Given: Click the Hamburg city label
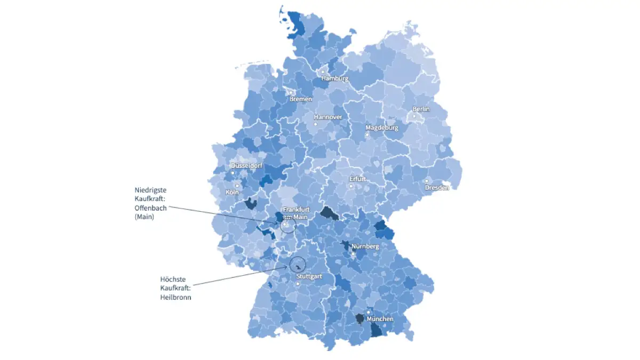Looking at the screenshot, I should coord(334,78).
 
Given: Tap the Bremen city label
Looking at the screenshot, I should coord(300,99).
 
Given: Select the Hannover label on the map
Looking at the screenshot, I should coord(327,117).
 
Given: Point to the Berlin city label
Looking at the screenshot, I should coord(421,109).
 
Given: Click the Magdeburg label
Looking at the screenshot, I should coord(381,128).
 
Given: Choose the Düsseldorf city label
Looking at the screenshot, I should coord(246,166).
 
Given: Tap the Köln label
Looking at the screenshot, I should coord(232,192).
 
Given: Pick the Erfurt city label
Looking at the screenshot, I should coord(357,179).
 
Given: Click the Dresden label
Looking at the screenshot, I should coord(437,188).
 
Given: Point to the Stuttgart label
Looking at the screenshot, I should coord(309,277).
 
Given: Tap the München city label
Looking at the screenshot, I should coord(380,319).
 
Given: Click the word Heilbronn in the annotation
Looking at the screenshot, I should coord(175,297).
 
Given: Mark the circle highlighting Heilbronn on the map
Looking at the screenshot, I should coord(297,264).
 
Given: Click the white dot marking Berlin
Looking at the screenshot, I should coord(414,116).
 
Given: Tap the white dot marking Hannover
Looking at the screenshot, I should coord(315,124).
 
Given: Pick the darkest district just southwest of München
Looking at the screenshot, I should coord(360,318).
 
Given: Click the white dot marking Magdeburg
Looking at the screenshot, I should coord(367,135).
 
